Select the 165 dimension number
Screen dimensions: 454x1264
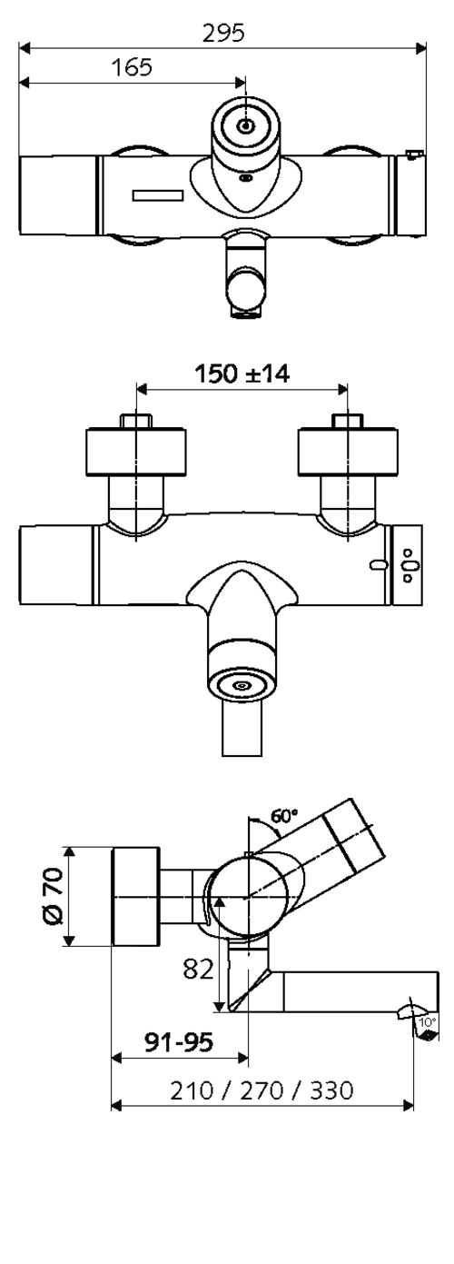(132, 67)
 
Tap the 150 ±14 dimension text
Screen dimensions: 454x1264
(242, 373)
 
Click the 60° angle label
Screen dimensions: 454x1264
(284, 816)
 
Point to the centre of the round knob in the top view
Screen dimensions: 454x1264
(245, 126)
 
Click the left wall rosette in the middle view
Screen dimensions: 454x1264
(135, 452)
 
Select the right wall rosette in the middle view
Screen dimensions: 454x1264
(348, 452)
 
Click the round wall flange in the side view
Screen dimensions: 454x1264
(136, 897)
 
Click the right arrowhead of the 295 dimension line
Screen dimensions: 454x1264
(420, 48)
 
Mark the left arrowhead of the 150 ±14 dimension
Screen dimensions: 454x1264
(143, 389)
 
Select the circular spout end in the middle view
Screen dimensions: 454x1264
(242, 685)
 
